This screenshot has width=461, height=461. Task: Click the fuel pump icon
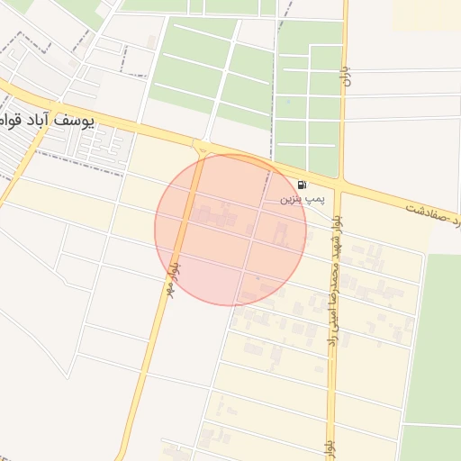[301, 185]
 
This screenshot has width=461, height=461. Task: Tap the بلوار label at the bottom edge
[330, 447]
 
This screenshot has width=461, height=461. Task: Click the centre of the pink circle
[230, 230]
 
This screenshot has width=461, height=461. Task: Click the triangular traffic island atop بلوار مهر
[202, 149]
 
